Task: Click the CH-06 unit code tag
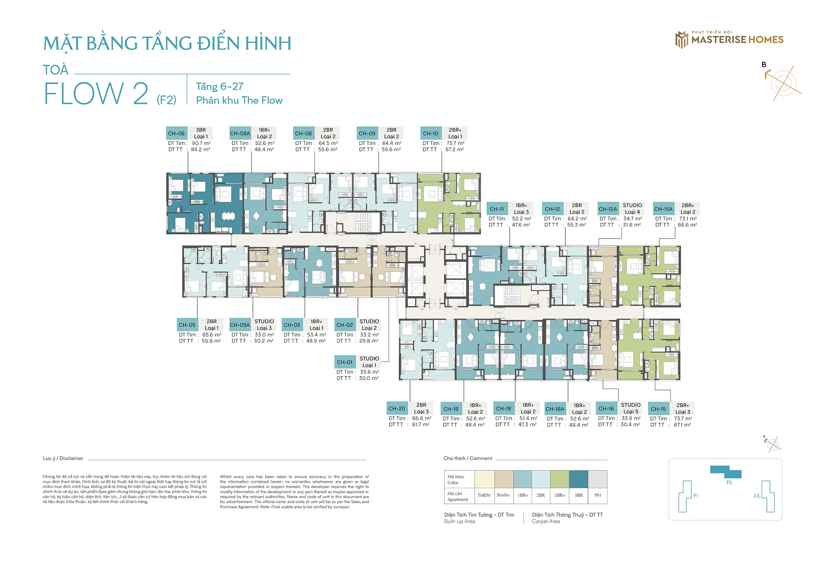coord(176,133)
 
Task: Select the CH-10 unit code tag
coord(430,133)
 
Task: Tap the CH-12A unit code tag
coord(607,209)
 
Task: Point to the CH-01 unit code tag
coord(345,362)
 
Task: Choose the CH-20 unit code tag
coord(397,408)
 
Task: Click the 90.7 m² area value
coord(201,143)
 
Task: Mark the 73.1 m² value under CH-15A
coord(688,219)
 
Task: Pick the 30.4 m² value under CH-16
coord(630,425)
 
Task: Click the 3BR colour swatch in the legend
coord(579,479)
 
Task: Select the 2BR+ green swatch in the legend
coord(559,479)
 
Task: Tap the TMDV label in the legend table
coord(484,495)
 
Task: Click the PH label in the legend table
coord(598,495)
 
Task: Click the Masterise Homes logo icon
coord(682,40)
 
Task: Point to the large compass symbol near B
coord(783,83)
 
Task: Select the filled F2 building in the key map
coord(726,472)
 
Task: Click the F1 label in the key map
coord(696,496)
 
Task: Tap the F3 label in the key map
coord(757,496)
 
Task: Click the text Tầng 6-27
coord(220,86)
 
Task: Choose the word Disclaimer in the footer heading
coord(71,458)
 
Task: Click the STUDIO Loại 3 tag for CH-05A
coord(264,325)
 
